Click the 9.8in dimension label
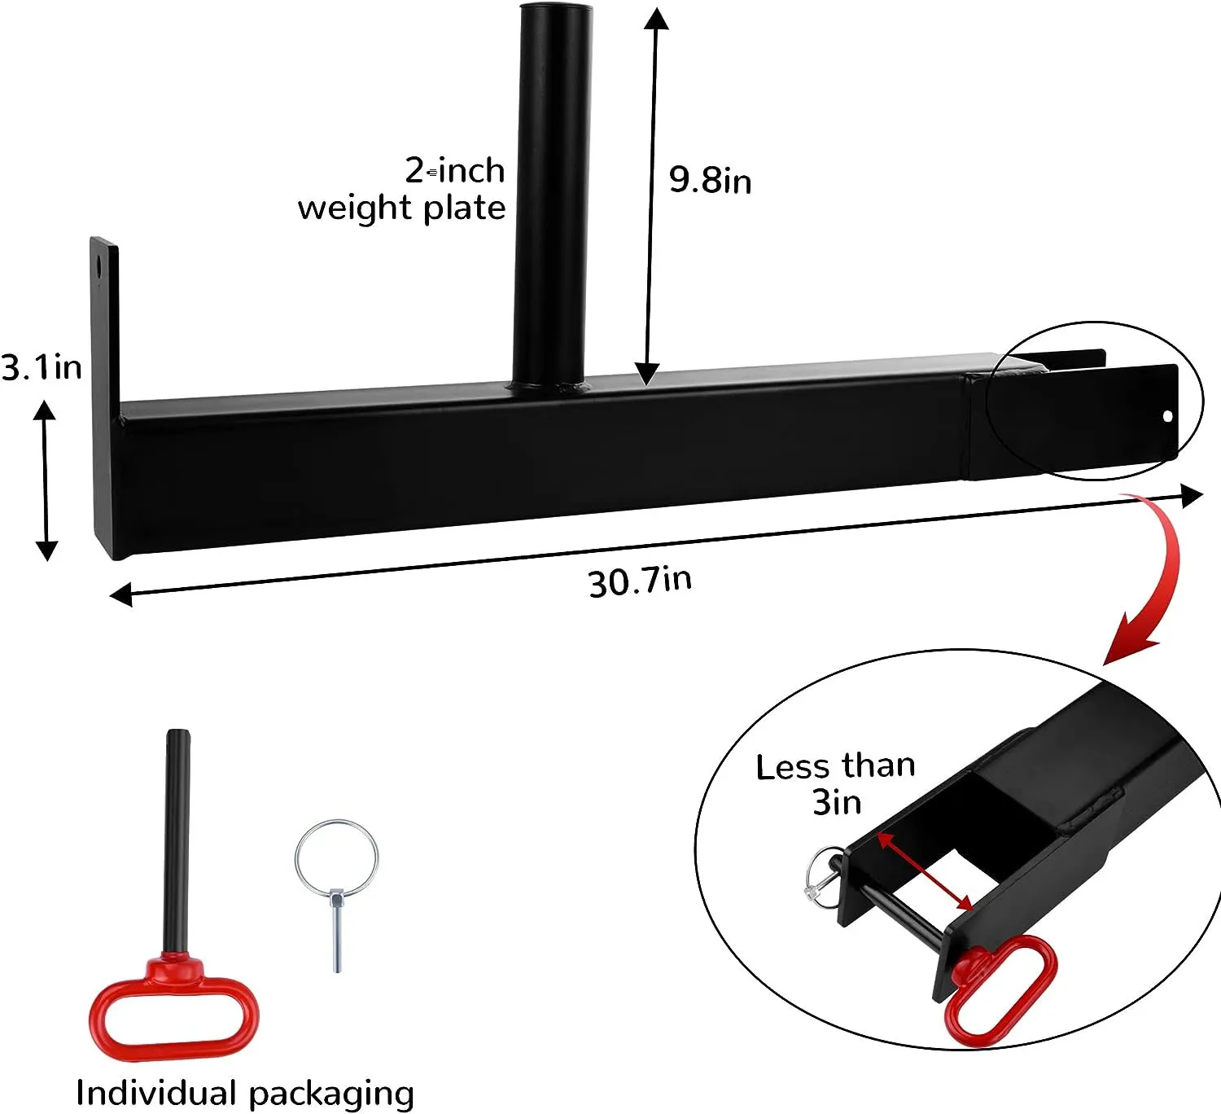[710, 179]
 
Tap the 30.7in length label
[640, 581]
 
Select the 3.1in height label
[42, 367]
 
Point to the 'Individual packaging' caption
[245, 1093]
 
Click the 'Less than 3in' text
[836, 783]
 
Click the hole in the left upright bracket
[100, 266]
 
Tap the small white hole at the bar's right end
[1167, 416]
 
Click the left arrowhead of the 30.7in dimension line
[120, 596]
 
